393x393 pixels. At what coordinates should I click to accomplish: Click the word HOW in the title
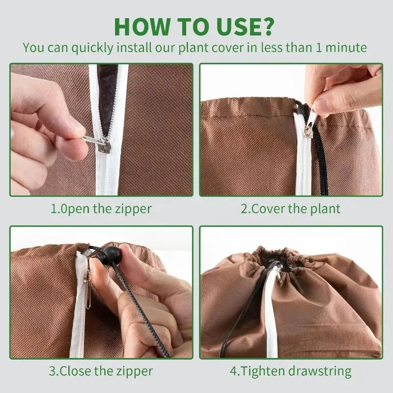(x=142, y=27)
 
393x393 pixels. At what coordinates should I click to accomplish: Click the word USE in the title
(x=233, y=27)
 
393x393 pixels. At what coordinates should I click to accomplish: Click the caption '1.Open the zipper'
(x=101, y=209)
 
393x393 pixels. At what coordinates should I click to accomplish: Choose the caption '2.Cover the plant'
(x=290, y=209)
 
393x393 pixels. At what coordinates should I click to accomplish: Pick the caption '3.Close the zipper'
(x=101, y=371)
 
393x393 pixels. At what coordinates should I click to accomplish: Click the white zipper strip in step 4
(x=272, y=313)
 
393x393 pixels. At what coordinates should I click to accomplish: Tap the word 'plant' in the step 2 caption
(x=325, y=209)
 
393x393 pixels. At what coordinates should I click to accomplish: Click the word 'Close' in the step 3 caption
(x=75, y=371)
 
